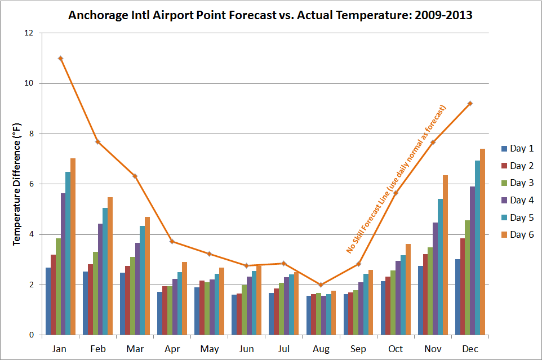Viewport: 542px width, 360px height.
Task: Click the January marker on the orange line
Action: click(x=60, y=59)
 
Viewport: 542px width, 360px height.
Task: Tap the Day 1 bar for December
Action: click(x=457, y=297)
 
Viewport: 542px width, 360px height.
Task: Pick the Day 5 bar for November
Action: click(x=441, y=267)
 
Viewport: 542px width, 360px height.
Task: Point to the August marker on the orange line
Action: click(x=321, y=285)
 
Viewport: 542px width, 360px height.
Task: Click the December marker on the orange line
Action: click(x=470, y=103)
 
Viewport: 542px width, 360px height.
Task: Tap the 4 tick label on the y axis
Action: click(x=32, y=234)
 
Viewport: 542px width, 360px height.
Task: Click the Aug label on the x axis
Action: click(x=321, y=349)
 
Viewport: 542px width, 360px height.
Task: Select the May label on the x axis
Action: click(x=209, y=349)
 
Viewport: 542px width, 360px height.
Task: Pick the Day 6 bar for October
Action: click(x=408, y=290)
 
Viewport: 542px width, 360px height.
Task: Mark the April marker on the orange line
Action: click(x=172, y=242)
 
